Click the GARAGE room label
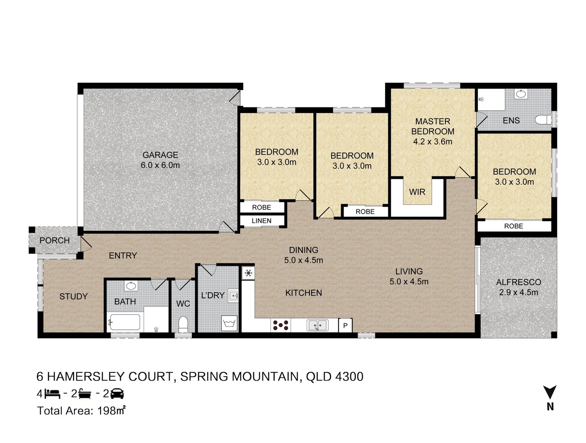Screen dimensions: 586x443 coord(160,155)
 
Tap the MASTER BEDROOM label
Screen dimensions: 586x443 coord(432,126)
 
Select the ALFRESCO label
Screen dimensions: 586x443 coord(519,282)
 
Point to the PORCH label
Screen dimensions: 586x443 coord(55,240)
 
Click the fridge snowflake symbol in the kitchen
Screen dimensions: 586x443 coord(248,273)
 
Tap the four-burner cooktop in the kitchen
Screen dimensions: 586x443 coord(280,325)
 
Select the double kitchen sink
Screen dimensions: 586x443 coord(317,325)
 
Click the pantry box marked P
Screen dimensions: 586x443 coord(345,325)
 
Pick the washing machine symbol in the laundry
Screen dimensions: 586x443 coord(229,323)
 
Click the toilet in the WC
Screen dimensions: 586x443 coord(183,324)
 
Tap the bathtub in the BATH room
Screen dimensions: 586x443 coord(125,322)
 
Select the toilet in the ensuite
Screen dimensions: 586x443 coord(543,120)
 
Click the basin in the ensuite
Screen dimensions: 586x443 coord(521,94)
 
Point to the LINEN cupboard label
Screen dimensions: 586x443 coord(261,221)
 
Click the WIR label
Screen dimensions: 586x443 coord(417,192)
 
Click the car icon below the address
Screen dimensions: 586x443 coord(117,393)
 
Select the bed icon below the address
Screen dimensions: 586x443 coord(52,394)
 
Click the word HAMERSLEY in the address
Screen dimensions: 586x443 coord(87,377)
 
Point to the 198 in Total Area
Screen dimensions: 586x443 coord(107,411)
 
